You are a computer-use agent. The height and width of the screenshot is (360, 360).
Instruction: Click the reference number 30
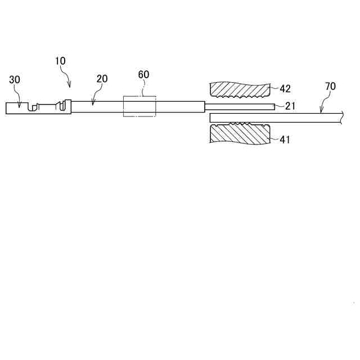15,80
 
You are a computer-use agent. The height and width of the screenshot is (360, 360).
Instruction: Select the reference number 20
102,79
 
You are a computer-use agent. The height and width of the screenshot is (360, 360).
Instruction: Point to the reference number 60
144,75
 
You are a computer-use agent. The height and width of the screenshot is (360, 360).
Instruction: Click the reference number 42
286,88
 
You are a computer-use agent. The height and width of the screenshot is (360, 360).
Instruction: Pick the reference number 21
290,106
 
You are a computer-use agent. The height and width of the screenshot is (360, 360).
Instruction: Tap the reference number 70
331,86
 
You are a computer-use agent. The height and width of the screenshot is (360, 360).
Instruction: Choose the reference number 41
285,139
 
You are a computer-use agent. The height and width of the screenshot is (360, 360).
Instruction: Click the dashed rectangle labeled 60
139,107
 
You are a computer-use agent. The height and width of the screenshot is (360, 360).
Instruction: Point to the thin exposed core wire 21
239,107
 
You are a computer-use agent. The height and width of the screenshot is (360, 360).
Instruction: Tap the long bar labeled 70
276,118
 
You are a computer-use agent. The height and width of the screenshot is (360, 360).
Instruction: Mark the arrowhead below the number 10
70,86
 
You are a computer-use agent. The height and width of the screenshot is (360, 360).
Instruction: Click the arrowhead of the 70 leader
321,112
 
